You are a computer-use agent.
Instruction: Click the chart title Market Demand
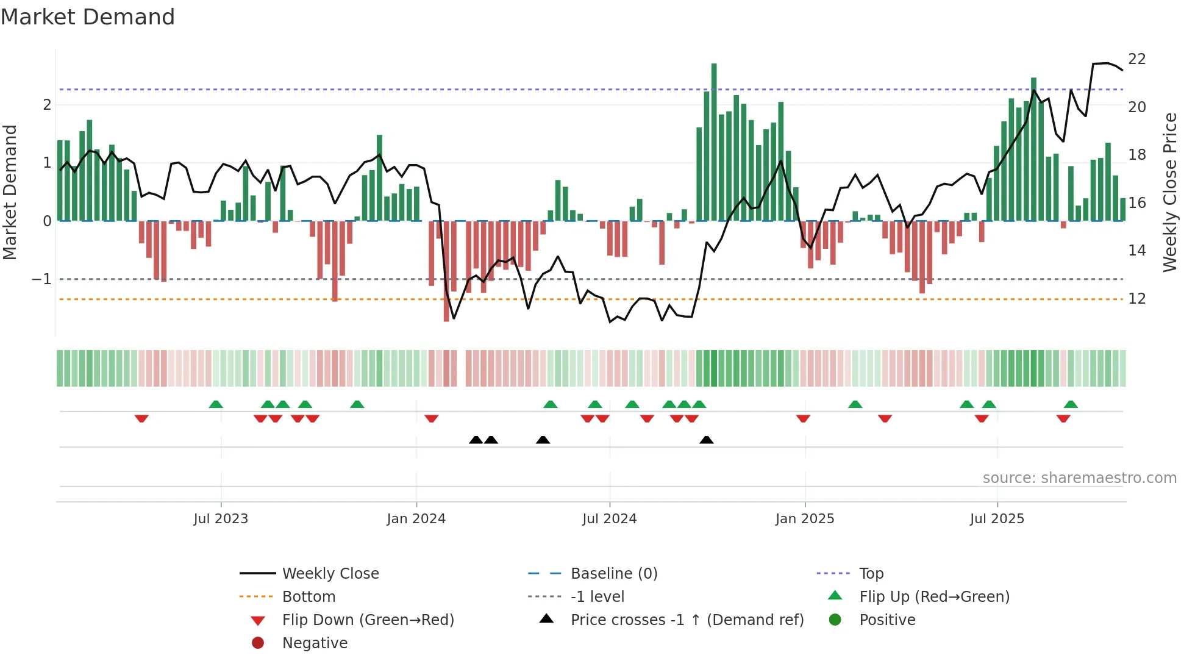pyautogui.click(x=88, y=17)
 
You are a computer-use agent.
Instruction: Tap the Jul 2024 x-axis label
pyautogui.click(x=609, y=519)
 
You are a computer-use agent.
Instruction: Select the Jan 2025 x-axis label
pyautogui.click(x=804, y=519)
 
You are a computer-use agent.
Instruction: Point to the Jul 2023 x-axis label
pyautogui.click(x=221, y=519)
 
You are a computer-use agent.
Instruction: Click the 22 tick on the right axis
pyautogui.click(x=1136, y=59)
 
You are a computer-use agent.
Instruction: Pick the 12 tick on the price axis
pyautogui.click(x=1136, y=299)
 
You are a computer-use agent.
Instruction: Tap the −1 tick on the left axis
pyautogui.click(x=41, y=279)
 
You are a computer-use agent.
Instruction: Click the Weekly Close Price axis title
pyautogui.click(x=1169, y=192)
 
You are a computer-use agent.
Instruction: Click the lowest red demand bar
pyautogui.click(x=446, y=271)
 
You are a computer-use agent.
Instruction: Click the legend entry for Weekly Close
pyautogui.click(x=330, y=574)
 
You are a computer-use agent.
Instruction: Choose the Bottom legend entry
pyautogui.click(x=309, y=597)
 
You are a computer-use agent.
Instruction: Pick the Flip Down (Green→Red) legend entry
pyautogui.click(x=368, y=620)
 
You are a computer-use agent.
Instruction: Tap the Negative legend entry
pyautogui.click(x=315, y=643)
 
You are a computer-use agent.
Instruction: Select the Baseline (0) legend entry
pyautogui.click(x=613, y=574)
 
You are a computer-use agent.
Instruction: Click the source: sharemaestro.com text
pyautogui.click(x=1079, y=478)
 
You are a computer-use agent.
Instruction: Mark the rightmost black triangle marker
pyautogui.click(x=706, y=440)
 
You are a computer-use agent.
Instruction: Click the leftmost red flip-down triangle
pyautogui.click(x=141, y=418)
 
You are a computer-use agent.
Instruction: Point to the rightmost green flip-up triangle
pyautogui.click(x=1071, y=404)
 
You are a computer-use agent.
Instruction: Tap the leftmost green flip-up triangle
pyautogui.click(x=216, y=404)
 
